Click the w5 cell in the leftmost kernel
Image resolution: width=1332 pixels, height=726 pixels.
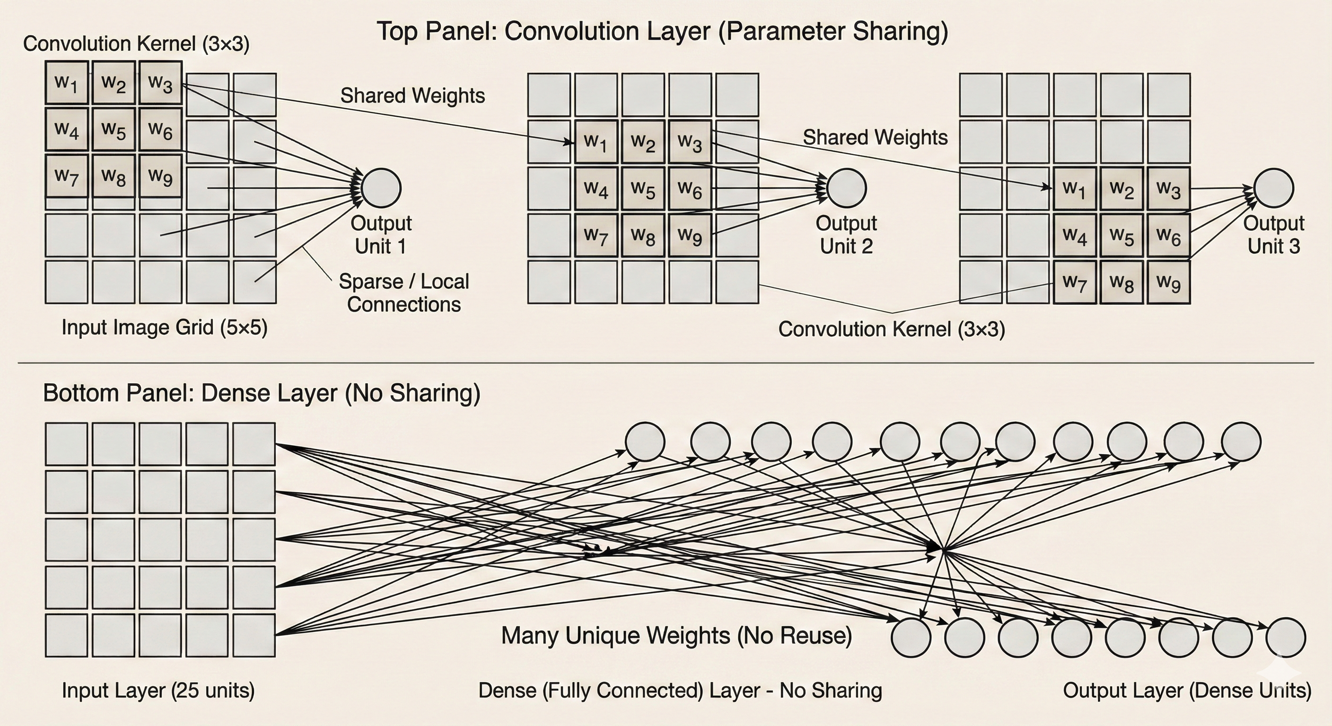click(114, 129)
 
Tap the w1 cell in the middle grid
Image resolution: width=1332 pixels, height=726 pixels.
click(596, 142)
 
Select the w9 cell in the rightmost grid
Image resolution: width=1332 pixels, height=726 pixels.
click(1169, 283)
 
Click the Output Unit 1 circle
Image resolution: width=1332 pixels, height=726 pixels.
click(381, 188)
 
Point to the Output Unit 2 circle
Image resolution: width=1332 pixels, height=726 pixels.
click(847, 188)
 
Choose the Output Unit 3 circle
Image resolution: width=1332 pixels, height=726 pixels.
click(1273, 188)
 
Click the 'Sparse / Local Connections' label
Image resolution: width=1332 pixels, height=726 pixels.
click(404, 293)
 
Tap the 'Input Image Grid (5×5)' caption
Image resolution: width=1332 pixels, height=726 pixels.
click(165, 328)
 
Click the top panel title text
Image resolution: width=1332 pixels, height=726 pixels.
click(662, 31)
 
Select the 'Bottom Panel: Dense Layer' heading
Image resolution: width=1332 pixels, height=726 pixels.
click(262, 393)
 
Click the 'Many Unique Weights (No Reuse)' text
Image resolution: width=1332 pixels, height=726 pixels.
click(676, 636)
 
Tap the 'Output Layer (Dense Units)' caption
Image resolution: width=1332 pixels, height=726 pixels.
click(1187, 691)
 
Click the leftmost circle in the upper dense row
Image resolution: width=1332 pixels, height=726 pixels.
click(645, 442)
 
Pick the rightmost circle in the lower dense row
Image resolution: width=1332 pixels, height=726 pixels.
click(1286, 638)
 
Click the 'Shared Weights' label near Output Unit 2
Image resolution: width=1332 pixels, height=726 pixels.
click(875, 138)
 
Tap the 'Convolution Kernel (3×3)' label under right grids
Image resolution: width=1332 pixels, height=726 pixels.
click(892, 329)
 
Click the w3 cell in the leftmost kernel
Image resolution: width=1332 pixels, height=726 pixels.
click(160, 83)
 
